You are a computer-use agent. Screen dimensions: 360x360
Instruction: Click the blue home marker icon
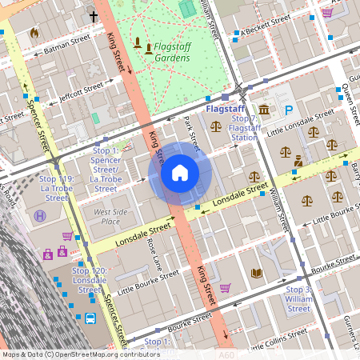[x=180, y=173]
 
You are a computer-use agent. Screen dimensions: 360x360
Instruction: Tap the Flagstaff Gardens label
[x=171, y=52]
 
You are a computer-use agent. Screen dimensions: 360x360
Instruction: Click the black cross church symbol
[x=93, y=15]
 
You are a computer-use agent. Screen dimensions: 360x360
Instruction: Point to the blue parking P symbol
[x=290, y=110]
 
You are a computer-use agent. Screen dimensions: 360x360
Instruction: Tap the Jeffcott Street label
[x=77, y=93]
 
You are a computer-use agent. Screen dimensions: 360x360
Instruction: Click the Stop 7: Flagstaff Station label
[x=244, y=128]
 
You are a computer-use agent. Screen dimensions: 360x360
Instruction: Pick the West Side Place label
[x=111, y=216]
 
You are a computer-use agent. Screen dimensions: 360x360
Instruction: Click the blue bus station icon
[x=91, y=318]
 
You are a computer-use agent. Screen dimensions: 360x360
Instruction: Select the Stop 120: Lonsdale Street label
[x=89, y=277]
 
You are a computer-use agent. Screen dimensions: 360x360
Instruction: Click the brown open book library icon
[x=256, y=274]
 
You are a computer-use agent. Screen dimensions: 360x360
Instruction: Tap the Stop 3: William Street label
[x=298, y=299]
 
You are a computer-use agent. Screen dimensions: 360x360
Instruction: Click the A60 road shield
[x=226, y=354]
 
